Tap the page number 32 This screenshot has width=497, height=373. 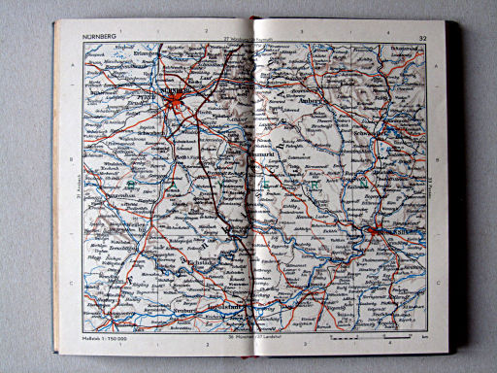[421, 38]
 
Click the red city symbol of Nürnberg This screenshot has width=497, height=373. [175, 98]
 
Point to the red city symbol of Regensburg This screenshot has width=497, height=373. [375, 231]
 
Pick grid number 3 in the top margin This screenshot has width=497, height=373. [303, 44]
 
